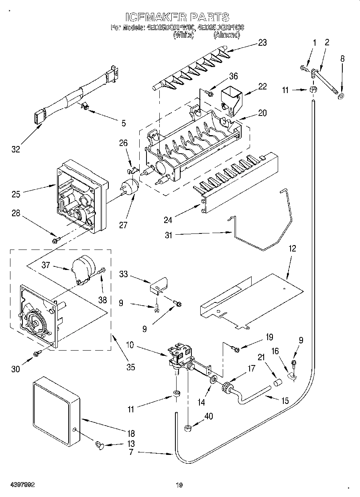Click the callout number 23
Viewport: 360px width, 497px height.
pyautogui.click(x=262, y=43)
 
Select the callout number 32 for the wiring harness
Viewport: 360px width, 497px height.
pyautogui.click(x=15, y=149)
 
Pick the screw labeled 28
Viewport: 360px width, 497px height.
pyautogui.click(x=55, y=240)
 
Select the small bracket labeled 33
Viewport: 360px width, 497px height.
pyautogui.click(x=159, y=284)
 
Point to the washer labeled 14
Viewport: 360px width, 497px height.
pyautogui.click(x=213, y=379)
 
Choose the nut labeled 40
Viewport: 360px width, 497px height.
pyautogui.click(x=187, y=428)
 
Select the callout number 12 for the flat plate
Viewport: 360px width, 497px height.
pyautogui.click(x=292, y=248)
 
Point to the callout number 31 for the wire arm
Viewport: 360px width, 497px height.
pyautogui.click(x=168, y=235)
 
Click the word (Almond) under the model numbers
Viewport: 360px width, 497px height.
pyautogui.click(x=226, y=35)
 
